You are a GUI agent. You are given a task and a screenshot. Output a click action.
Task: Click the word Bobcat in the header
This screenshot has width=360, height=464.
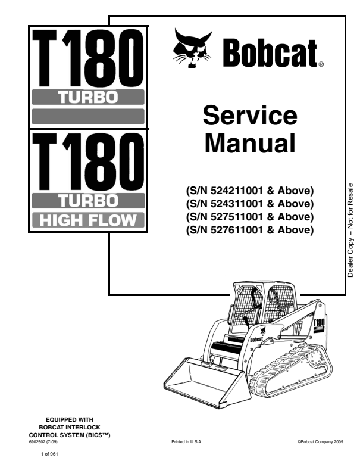coord(269,54)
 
